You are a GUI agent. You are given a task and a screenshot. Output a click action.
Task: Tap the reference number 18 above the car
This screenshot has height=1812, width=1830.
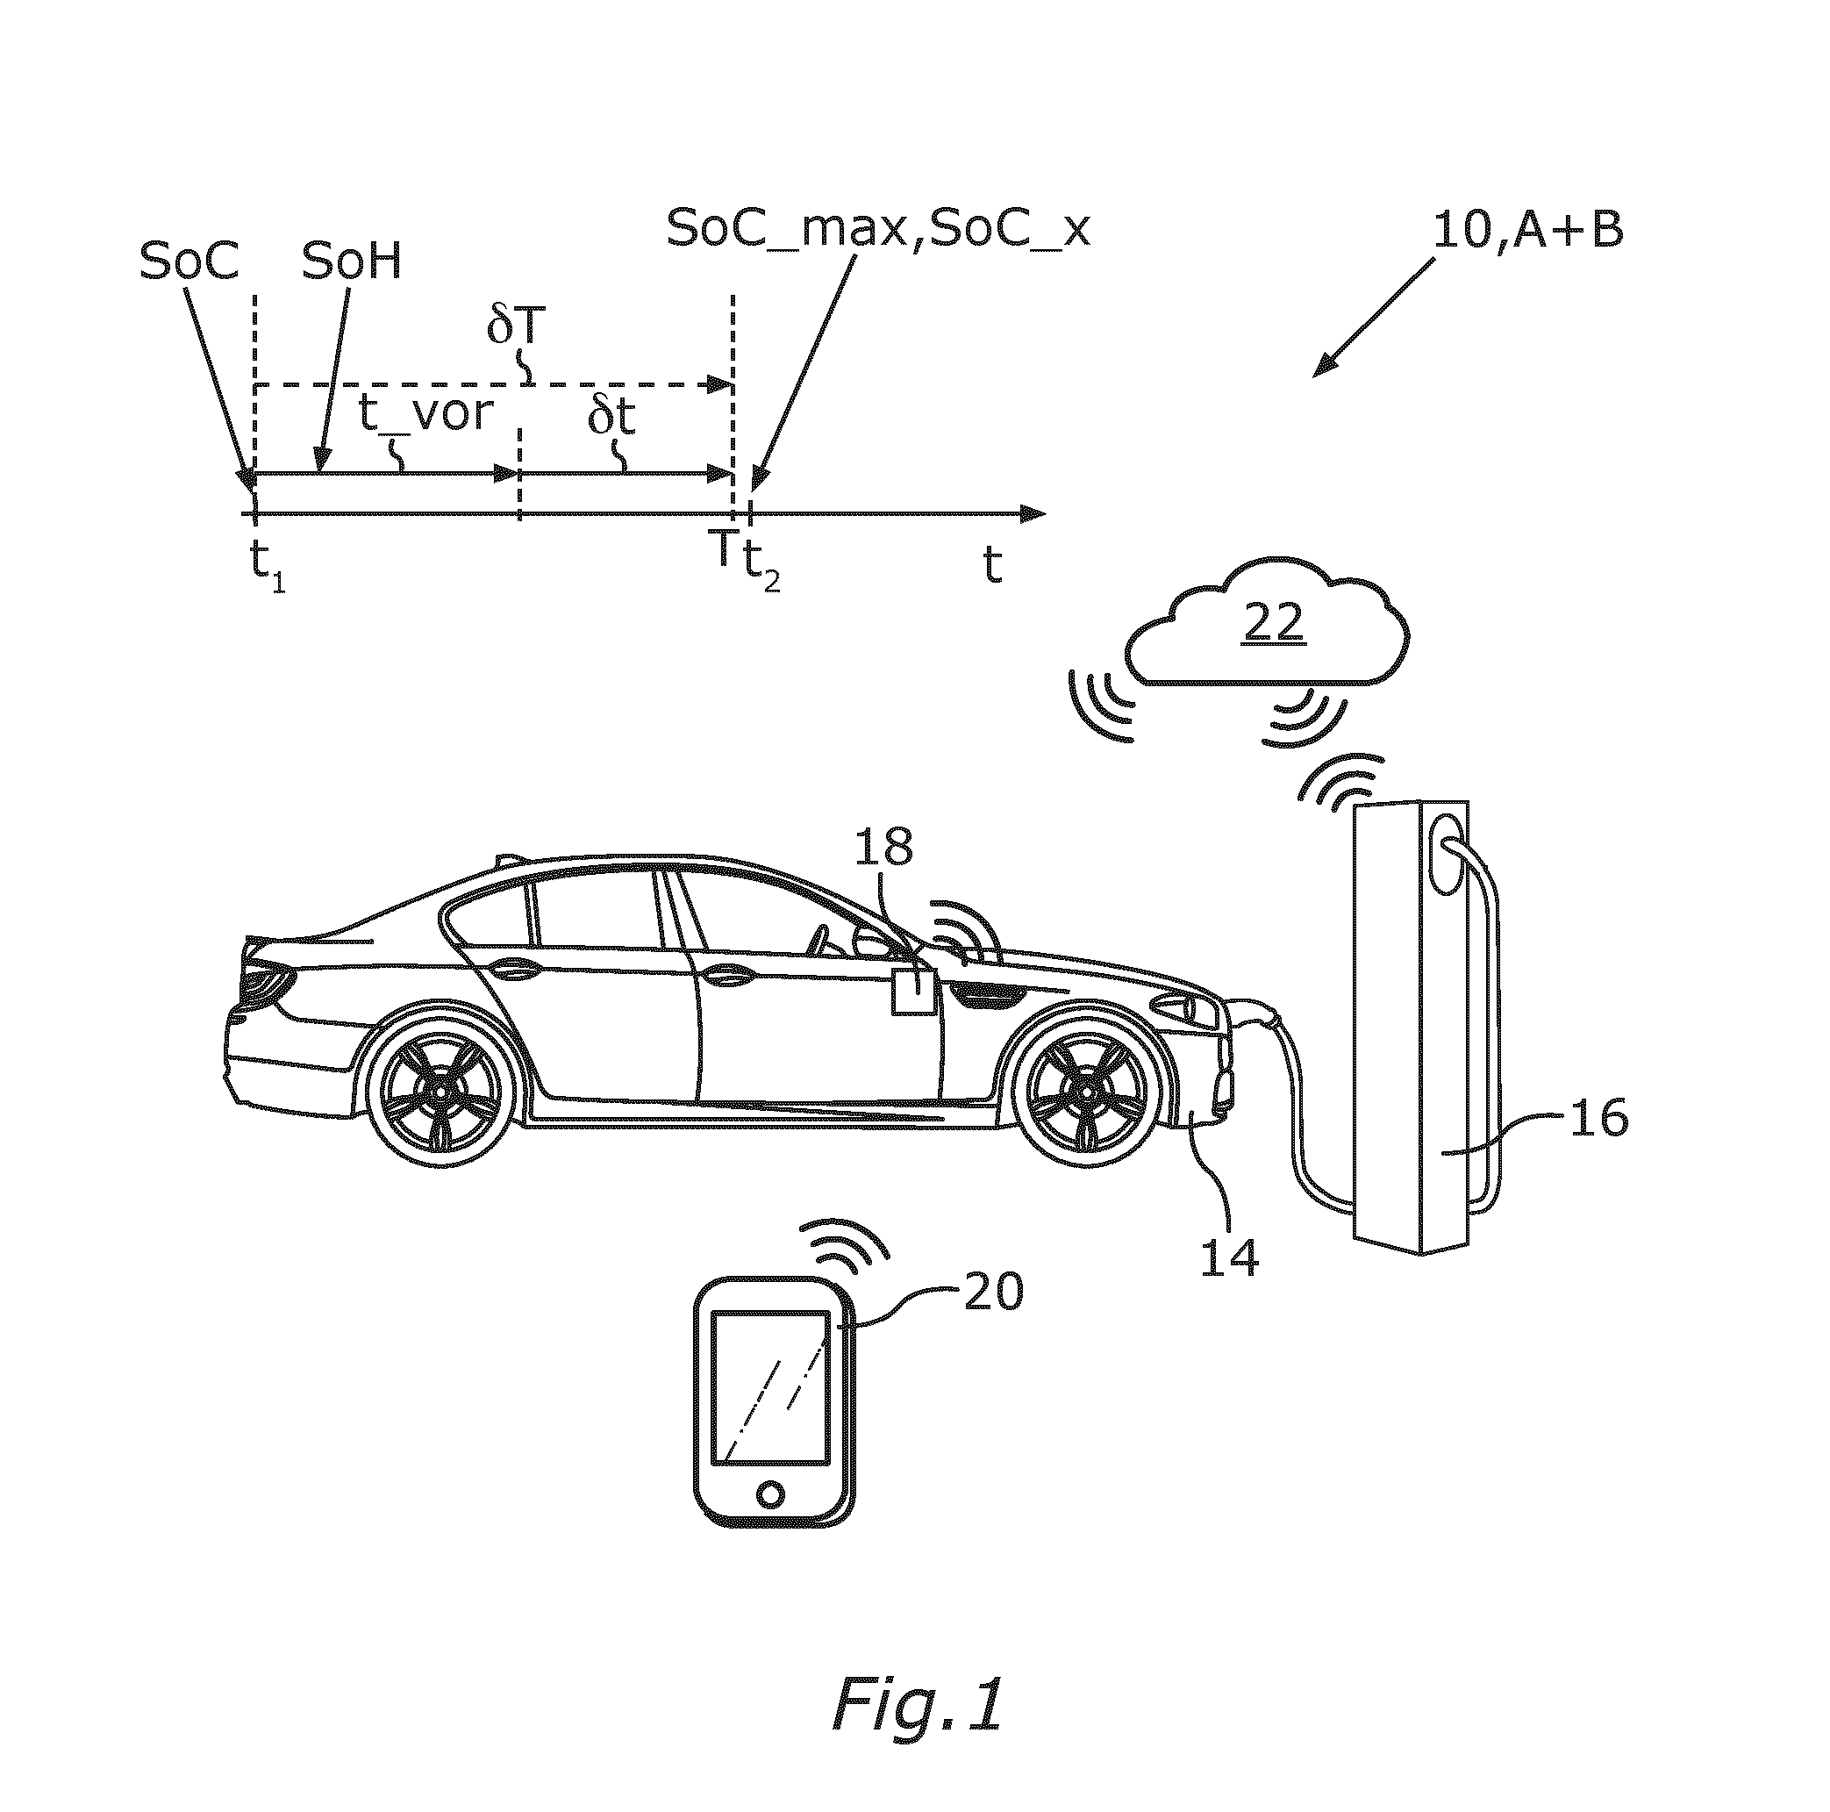click(883, 847)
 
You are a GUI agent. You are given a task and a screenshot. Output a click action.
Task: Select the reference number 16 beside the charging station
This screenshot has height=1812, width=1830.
click(1599, 1118)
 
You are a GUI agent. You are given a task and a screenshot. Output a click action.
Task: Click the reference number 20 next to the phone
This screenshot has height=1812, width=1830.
click(994, 1291)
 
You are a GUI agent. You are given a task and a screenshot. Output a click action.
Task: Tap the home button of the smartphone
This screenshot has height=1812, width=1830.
click(771, 1494)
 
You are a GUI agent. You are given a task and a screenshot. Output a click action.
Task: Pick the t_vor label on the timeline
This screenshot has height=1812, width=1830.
click(426, 414)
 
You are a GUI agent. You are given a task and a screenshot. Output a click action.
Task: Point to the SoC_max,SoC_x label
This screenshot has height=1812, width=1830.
click(878, 228)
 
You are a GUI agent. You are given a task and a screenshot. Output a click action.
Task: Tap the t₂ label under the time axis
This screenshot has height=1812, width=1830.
click(762, 569)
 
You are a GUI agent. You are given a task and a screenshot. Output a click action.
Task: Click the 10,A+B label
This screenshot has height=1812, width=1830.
click(1529, 230)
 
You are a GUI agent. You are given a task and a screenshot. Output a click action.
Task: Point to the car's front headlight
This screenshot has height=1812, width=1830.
click(1186, 1011)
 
